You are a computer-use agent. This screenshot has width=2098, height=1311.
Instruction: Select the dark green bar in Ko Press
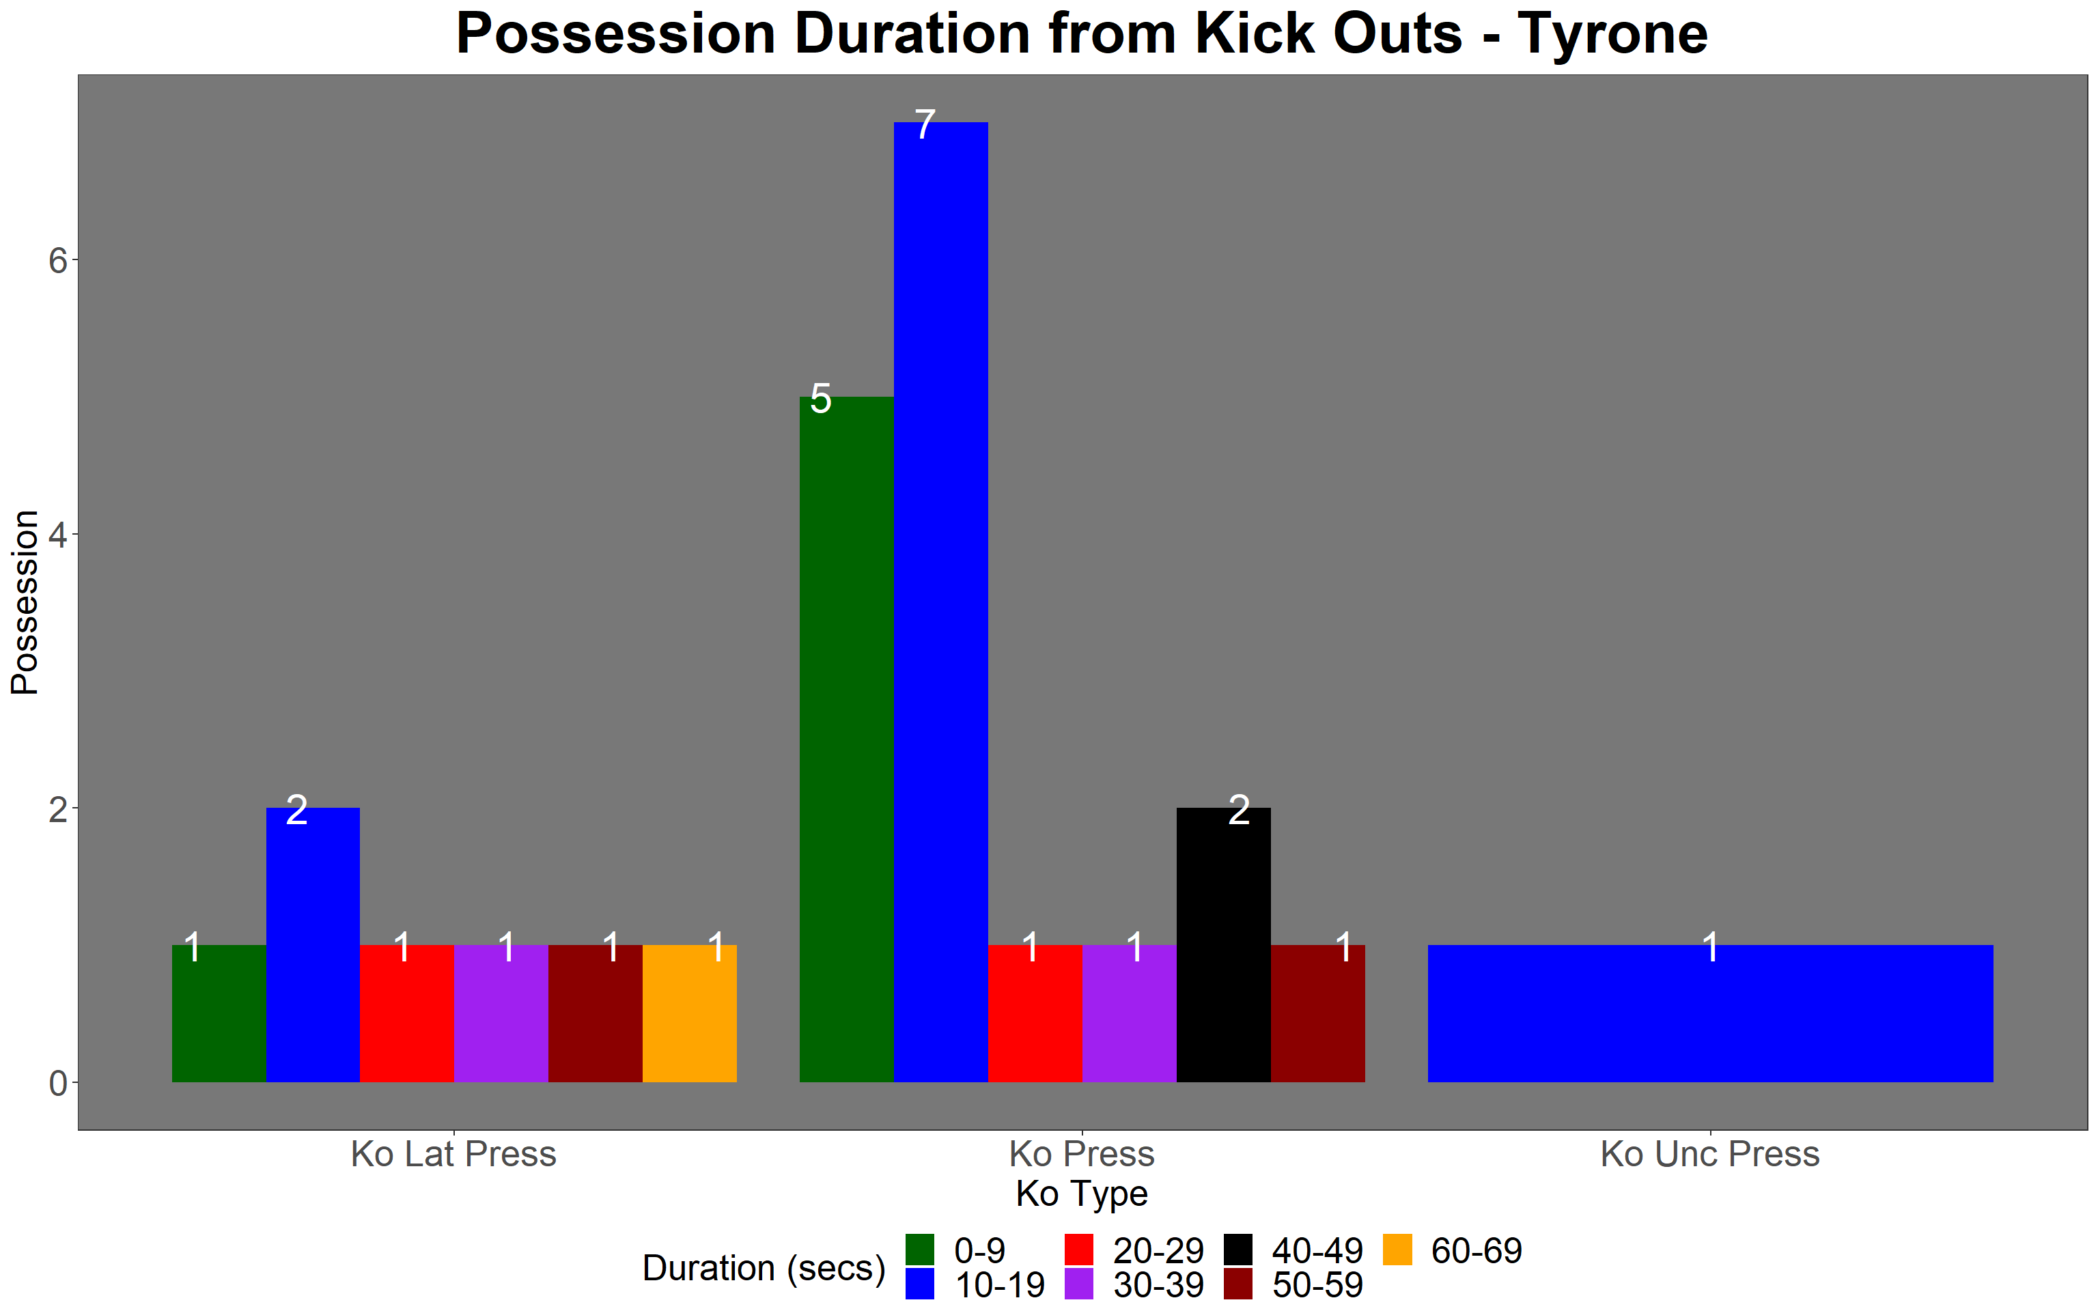tap(846, 739)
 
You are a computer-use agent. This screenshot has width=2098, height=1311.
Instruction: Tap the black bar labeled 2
tap(1223, 945)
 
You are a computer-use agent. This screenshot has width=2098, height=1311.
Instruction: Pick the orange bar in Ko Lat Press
tap(689, 1013)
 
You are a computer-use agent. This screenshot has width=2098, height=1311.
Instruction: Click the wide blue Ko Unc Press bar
tap(1711, 1013)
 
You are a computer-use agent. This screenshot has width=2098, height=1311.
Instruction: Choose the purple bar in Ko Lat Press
tap(501, 1013)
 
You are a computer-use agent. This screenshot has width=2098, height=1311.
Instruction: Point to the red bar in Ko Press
tap(1035, 1013)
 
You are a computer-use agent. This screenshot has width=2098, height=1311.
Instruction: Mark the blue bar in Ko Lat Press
tap(313, 945)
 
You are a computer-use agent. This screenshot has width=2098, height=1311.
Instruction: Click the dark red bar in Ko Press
tap(1318, 1013)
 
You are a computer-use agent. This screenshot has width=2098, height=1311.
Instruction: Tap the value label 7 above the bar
tap(925, 125)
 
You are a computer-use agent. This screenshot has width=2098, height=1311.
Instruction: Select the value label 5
tap(820, 399)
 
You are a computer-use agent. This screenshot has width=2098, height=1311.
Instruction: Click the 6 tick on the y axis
tap(58, 260)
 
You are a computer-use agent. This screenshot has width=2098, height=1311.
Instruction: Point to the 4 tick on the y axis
tap(58, 534)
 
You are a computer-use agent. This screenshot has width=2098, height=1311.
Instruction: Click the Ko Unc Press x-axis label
tap(1711, 1154)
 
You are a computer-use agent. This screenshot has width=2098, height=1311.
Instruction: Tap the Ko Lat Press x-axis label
tap(453, 1154)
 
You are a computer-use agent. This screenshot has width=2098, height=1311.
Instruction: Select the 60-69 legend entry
tap(1452, 1250)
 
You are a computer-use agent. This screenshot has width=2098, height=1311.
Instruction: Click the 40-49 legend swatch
tap(1238, 1250)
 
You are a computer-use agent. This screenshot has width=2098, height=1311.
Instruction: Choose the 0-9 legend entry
tap(955, 1250)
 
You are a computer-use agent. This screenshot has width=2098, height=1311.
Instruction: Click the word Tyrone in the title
tap(1612, 35)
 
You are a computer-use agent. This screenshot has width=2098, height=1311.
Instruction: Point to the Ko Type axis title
tap(1082, 1195)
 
